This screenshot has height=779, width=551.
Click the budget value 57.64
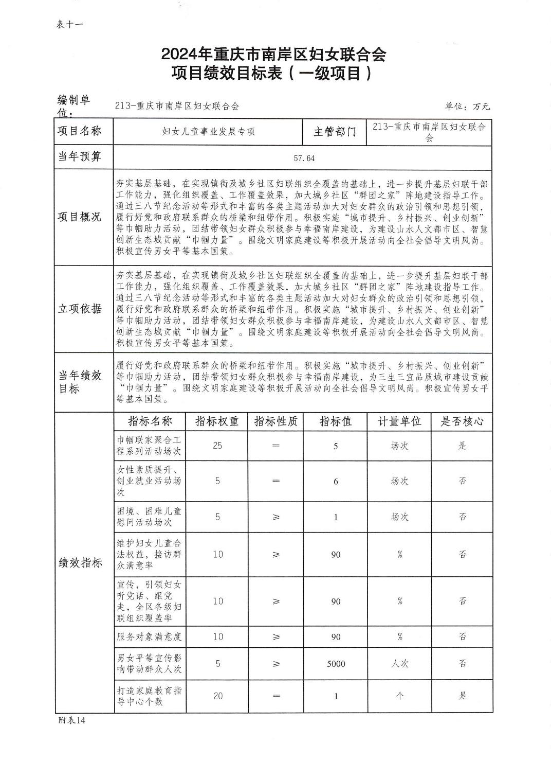coord(304,158)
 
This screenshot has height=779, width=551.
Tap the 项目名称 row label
coord(79,131)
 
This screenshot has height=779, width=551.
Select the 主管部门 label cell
coord(335,132)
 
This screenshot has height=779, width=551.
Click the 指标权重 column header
coord(217,421)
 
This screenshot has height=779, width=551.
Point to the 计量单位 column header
coord(399,421)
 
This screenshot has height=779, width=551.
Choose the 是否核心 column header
coord(462,421)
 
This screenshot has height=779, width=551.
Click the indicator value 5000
coord(336,664)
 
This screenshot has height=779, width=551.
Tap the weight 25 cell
coord(217,446)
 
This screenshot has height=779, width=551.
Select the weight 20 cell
coord(217,696)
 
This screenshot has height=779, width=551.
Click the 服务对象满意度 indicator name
coord(149,636)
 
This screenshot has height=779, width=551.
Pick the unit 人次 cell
coord(399,664)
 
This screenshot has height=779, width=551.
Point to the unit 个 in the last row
coord(399,696)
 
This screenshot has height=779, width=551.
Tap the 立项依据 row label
coord(80,309)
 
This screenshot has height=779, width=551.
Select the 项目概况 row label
coord(80,216)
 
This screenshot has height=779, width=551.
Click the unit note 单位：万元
coord(467,107)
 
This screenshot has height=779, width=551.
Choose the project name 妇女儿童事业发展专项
coord(208,132)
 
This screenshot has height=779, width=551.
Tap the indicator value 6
coord(336,481)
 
